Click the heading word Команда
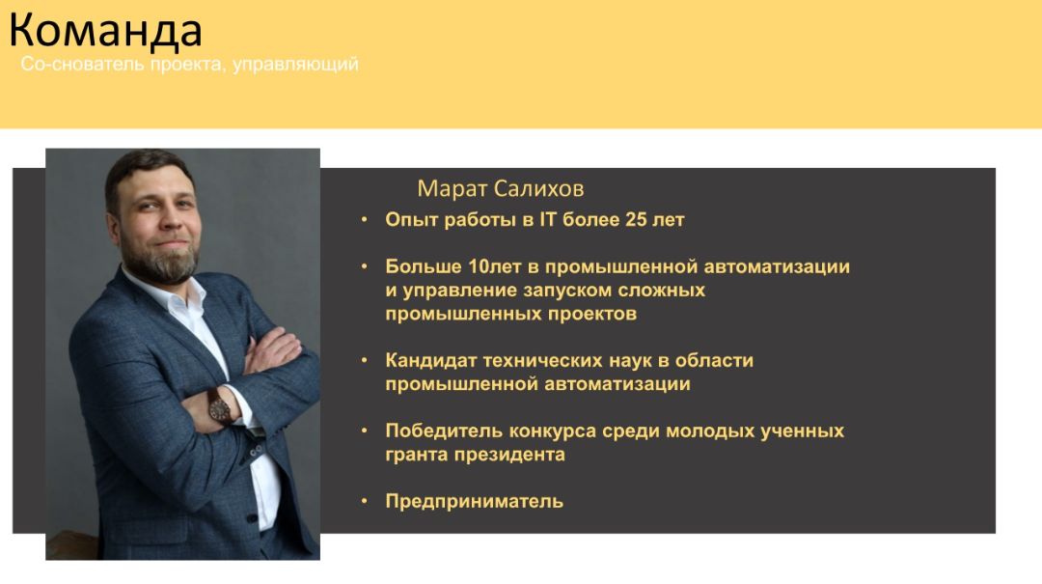(x=105, y=31)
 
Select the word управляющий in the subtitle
(x=296, y=65)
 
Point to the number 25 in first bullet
(x=636, y=219)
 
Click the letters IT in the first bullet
(x=548, y=219)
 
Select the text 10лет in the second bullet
(x=494, y=266)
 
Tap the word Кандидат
(x=431, y=360)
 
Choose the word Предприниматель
(x=475, y=501)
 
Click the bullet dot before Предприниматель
(x=364, y=501)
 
